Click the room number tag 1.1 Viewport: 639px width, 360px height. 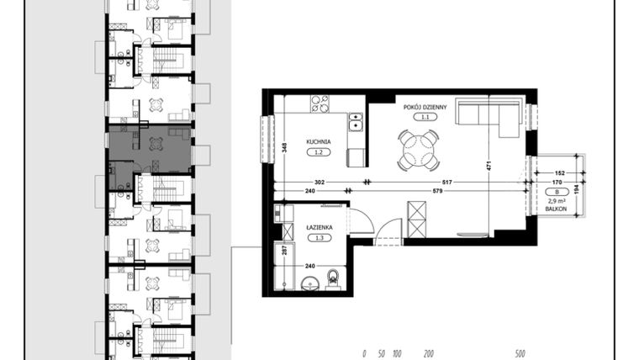tap(426, 117)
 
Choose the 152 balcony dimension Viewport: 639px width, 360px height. tap(559, 173)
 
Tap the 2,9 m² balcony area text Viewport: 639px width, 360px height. tap(557, 202)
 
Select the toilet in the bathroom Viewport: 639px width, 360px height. tap(334, 277)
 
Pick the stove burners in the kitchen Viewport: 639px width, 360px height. tap(319, 105)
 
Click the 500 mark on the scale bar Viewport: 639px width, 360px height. tap(520, 354)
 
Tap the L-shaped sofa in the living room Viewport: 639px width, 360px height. tap(492, 116)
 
